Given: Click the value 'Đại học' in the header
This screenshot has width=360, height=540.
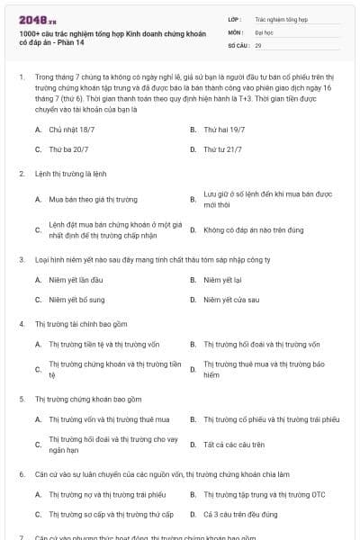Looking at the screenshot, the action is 265,31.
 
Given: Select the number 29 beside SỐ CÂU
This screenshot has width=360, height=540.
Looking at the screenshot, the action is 258,44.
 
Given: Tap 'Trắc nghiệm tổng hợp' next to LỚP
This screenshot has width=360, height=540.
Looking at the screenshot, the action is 281,17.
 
